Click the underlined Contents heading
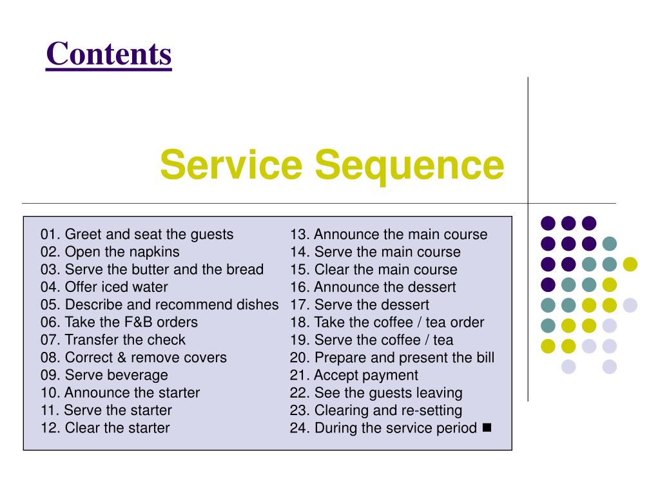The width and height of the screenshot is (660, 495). point(109,54)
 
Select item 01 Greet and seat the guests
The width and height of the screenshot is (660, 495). point(137,234)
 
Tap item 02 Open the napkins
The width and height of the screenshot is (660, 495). point(110,252)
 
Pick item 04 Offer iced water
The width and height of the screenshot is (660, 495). point(104,287)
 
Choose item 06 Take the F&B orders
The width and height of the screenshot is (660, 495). point(119,322)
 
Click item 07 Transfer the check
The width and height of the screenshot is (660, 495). point(113,340)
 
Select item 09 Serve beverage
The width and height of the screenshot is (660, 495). point(104,375)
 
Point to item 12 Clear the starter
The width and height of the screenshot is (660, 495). point(105,428)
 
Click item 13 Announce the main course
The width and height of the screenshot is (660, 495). point(389,234)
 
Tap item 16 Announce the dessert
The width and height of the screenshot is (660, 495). point(373,287)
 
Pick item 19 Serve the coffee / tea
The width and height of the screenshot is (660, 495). point(371,340)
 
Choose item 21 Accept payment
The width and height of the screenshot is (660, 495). point(354,375)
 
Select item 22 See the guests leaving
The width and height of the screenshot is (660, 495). point(376,393)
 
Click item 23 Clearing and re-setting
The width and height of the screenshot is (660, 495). point(376,411)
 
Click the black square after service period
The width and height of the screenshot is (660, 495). point(486,427)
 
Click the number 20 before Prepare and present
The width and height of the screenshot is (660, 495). point(298,358)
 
